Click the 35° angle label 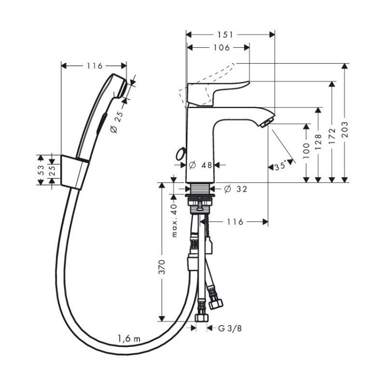coord(280,167)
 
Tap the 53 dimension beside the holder coord(41,171)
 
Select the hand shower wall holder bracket coord(72,170)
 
